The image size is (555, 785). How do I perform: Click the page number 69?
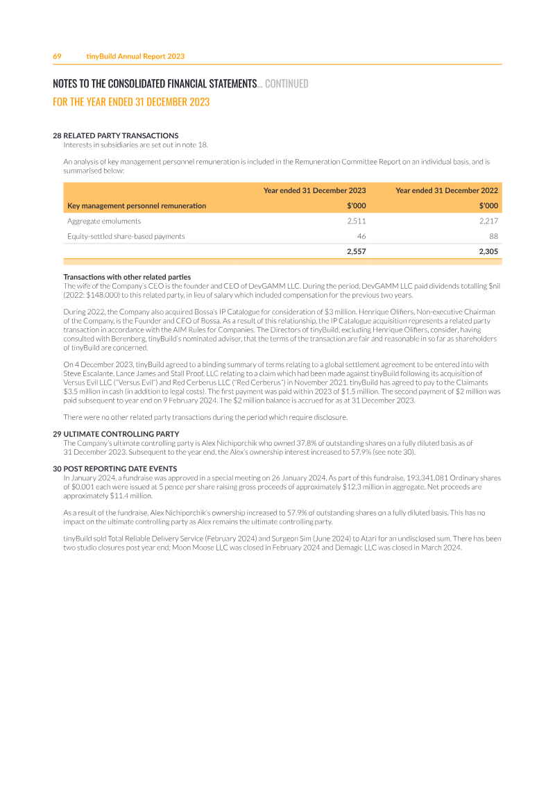[x=58, y=56]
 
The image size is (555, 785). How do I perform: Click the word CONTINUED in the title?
[x=287, y=84]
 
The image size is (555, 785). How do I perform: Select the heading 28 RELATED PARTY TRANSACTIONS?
[x=116, y=135]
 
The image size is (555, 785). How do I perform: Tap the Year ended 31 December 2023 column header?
[x=314, y=190]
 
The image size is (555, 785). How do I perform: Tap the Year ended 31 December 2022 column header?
[x=447, y=190]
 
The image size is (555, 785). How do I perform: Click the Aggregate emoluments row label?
[x=104, y=221]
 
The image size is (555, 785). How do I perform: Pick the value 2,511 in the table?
[x=356, y=221]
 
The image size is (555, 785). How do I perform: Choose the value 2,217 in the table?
[x=488, y=221]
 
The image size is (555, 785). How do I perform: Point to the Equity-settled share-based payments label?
[x=126, y=236]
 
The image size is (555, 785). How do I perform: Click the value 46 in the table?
[x=361, y=236]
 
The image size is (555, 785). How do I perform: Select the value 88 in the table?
[x=493, y=236]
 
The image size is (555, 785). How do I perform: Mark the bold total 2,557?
[x=356, y=251]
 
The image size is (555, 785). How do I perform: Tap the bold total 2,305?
[x=488, y=251]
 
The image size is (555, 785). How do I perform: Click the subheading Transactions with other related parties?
[x=127, y=278]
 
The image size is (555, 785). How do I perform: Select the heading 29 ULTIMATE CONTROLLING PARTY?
[x=116, y=434]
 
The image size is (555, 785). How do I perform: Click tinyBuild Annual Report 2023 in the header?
[x=135, y=56]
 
